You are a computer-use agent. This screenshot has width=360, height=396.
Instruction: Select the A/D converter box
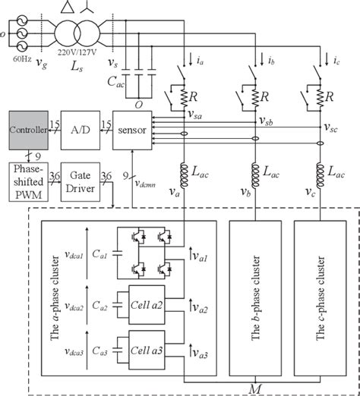81,130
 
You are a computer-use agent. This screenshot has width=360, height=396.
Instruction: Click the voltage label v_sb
265,122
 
